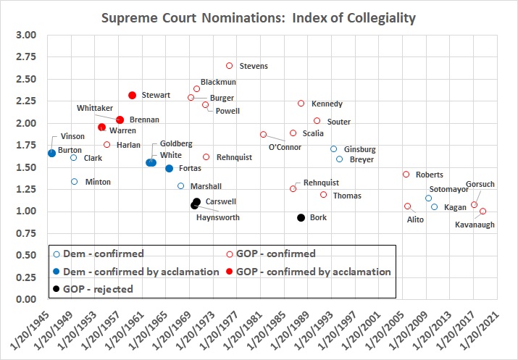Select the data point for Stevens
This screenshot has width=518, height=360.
(x=230, y=66)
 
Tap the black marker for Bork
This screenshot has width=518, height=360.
(x=301, y=217)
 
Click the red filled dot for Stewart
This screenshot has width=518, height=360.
(x=133, y=95)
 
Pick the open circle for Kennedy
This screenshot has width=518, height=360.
(x=301, y=104)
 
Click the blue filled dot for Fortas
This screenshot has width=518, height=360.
(x=169, y=168)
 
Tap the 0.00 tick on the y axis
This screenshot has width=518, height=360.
(x=25, y=299)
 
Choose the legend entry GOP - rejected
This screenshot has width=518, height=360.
(x=99, y=288)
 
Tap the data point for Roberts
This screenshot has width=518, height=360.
(x=406, y=175)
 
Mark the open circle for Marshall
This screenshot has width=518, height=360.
(x=181, y=186)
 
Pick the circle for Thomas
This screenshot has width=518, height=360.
(x=323, y=195)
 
